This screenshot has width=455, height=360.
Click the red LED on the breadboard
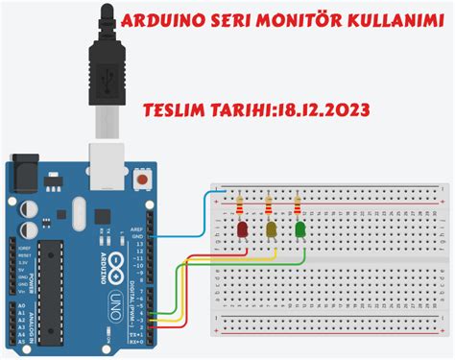pyautogui.click(x=243, y=229)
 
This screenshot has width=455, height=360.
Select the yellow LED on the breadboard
pyautogui.click(x=272, y=229)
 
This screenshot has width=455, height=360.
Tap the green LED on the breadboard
pyautogui.click(x=300, y=229)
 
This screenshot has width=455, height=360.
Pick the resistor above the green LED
pyautogui.click(x=299, y=204)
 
